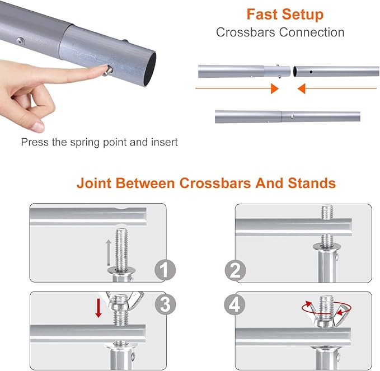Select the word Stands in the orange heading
coord(312,183)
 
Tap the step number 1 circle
coord(165,270)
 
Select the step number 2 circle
coord(235,270)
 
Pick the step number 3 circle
coord(166,304)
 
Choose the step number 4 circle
coord(234,304)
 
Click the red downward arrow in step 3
coord(98,308)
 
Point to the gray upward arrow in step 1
coord(109,252)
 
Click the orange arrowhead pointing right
coord(275,88)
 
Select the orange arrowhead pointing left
coord(302,88)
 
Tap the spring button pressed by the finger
coord(109,71)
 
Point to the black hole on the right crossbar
coord(311,72)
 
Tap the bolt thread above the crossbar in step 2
coord(327,213)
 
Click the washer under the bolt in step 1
coord(121,270)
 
